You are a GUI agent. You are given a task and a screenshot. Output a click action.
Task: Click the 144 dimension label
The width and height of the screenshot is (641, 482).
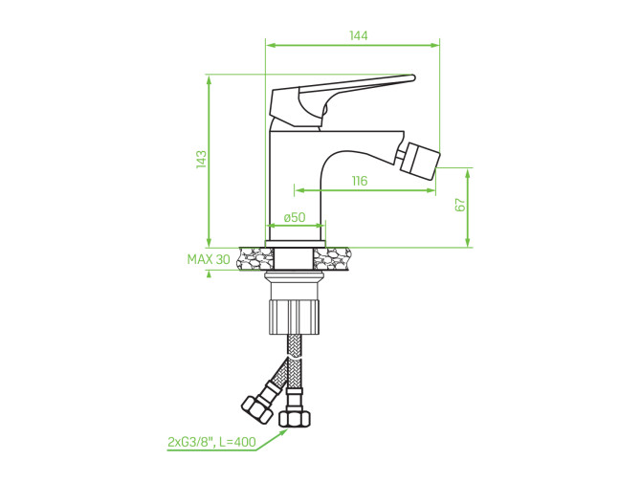click(x=359, y=35)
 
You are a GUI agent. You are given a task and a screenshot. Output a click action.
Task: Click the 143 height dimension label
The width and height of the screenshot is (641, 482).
click(x=201, y=160)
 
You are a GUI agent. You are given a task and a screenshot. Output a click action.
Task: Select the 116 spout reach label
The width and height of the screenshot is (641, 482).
click(x=360, y=181)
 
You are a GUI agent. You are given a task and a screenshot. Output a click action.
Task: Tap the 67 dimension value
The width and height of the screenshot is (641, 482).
click(x=460, y=205)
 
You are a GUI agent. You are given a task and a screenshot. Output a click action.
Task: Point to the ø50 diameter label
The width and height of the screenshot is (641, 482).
click(x=295, y=217)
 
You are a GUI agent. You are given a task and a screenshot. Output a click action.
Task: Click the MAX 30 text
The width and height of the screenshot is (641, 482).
click(x=209, y=259)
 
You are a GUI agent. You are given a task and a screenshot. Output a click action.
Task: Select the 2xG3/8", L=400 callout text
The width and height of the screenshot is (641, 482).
click(x=211, y=442)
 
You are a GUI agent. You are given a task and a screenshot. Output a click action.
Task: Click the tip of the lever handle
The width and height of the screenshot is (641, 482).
click(x=413, y=77)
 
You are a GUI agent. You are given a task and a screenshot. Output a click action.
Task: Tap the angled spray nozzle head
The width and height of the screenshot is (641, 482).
click(x=420, y=161)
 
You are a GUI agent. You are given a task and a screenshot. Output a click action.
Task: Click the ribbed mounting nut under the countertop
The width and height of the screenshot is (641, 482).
click(x=295, y=317)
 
